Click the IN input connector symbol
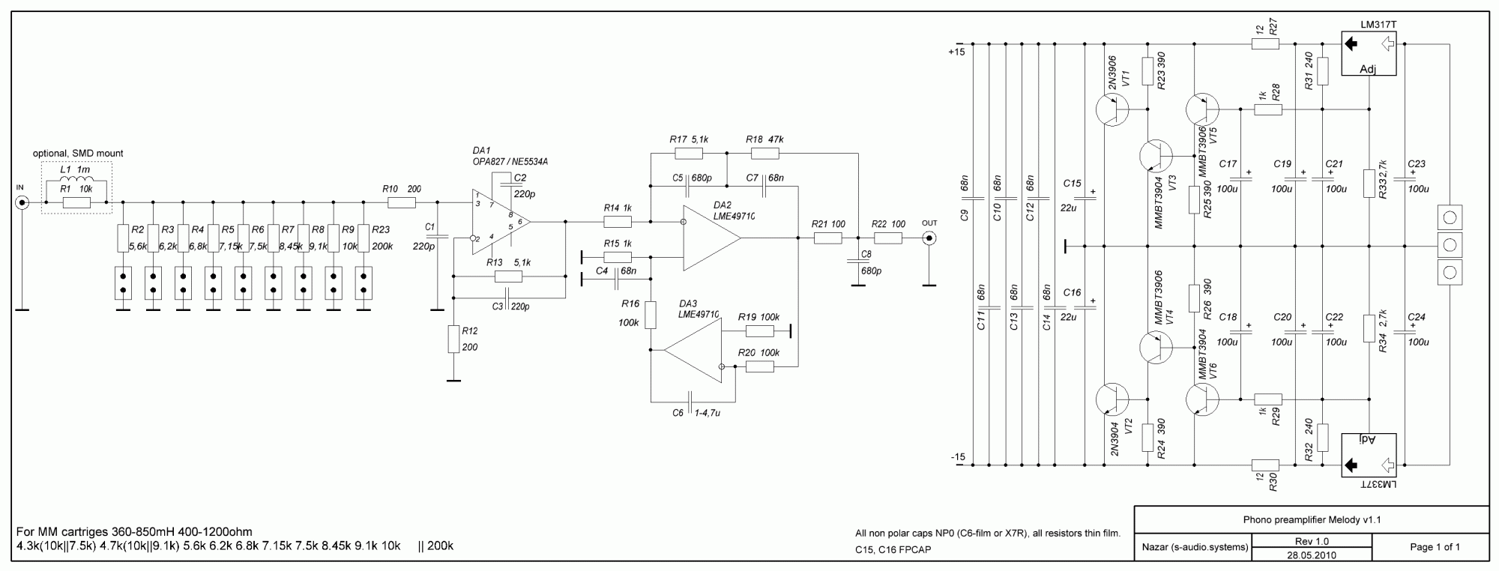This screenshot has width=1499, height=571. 23,202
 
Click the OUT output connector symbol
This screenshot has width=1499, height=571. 929,238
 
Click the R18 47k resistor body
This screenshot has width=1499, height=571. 765,154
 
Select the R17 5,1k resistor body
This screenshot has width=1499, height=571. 689,154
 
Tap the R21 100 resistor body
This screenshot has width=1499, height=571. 828,238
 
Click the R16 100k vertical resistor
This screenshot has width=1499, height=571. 651,315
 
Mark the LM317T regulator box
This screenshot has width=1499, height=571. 1369,52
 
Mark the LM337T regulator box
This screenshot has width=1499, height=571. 1369,456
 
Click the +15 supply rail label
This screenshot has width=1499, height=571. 956,52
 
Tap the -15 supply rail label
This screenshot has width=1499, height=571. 957,457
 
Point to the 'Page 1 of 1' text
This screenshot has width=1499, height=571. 1435,547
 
